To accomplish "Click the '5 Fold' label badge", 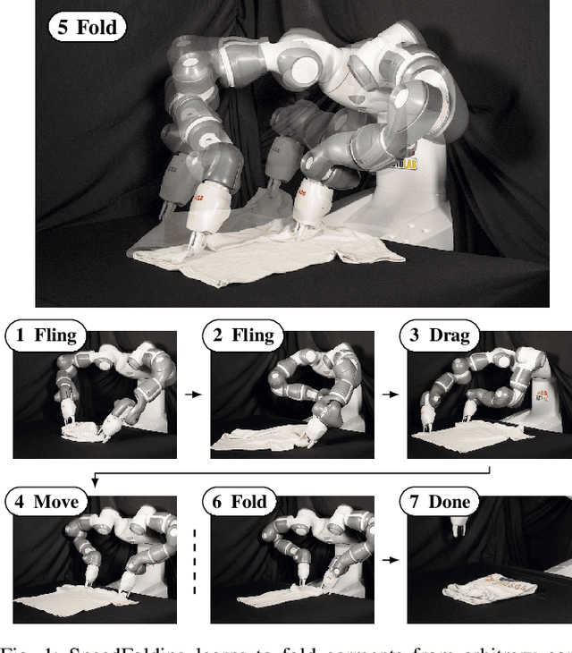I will [86, 26].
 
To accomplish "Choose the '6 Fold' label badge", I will [244, 501].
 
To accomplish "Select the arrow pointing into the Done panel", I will [390, 559].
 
